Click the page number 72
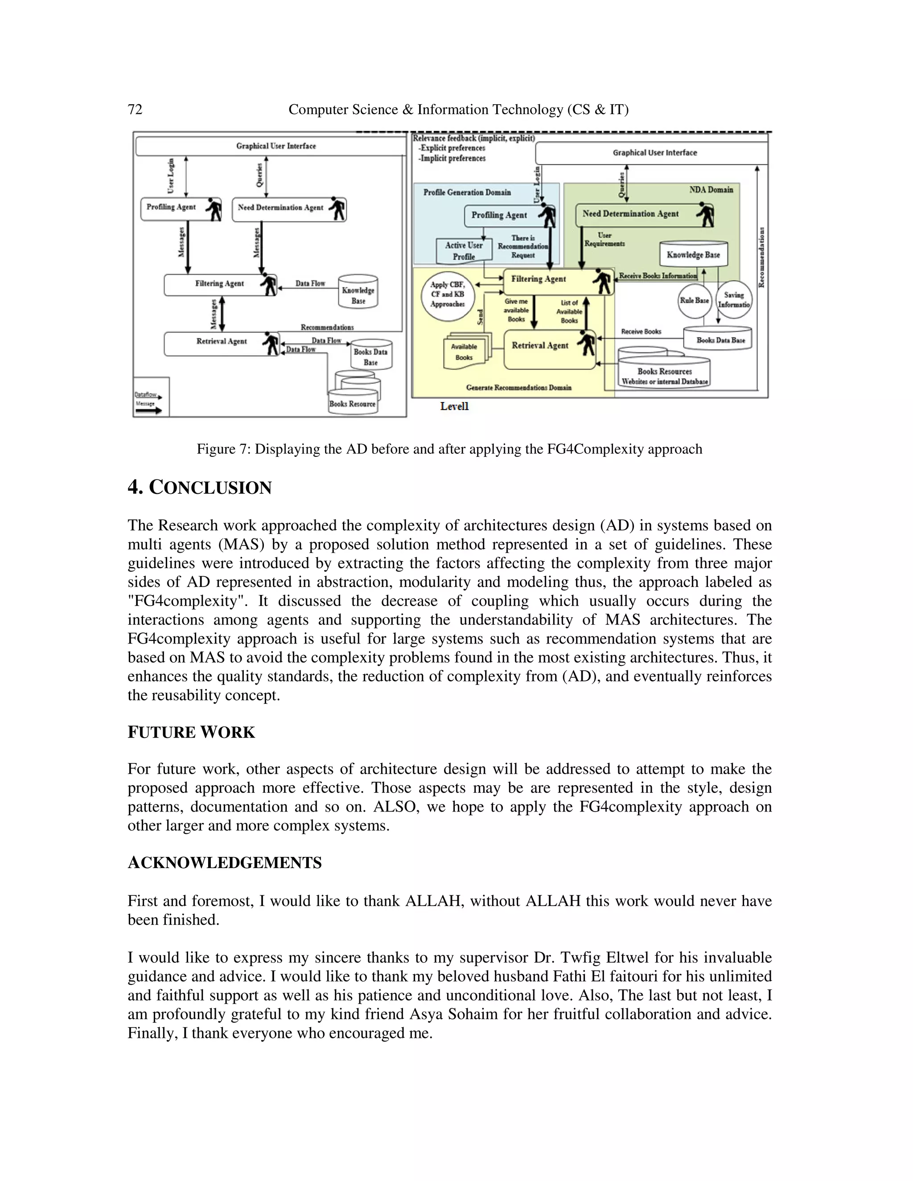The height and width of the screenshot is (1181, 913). click(135, 110)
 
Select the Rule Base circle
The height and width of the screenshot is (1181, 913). click(695, 301)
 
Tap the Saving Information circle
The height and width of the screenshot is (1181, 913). click(734, 299)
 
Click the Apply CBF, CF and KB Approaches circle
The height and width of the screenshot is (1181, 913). click(447, 295)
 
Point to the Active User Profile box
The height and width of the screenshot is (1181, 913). click(464, 250)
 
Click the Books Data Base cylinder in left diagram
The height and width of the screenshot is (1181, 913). click(370, 356)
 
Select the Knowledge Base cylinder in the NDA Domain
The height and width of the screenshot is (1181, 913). click(693, 254)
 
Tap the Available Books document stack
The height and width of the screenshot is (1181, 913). click(465, 352)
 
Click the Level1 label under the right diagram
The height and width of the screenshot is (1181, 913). click(454, 406)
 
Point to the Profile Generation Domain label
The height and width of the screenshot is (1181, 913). click(467, 193)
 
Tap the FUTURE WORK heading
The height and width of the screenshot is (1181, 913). click(191, 733)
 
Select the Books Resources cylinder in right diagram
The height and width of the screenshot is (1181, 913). click(664, 373)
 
